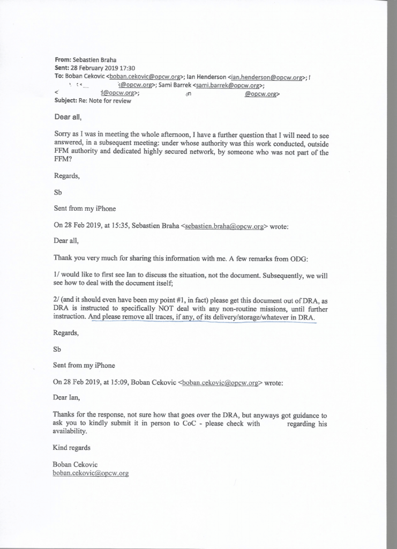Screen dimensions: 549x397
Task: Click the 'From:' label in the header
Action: (63, 61)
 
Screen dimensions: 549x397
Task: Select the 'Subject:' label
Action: (66, 101)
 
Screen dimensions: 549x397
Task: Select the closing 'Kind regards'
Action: (71, 448)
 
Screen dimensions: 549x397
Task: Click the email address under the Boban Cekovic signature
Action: (91, 473)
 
